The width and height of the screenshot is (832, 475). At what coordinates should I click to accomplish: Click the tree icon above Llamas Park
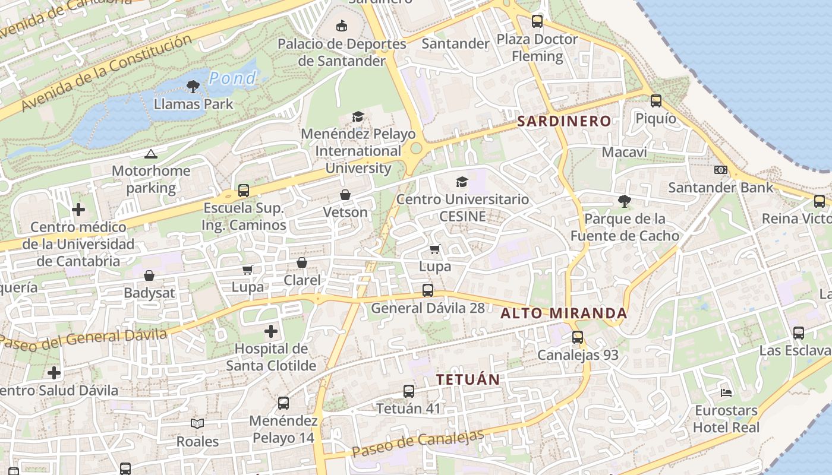point(193,87)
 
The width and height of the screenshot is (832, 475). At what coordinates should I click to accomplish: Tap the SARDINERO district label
point(564,121)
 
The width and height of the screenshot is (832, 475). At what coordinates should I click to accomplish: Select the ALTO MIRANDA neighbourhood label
point(564,313)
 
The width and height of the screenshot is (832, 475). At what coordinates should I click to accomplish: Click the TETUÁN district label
point(468,379)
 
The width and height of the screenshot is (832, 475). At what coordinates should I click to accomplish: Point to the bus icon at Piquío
point(656,101)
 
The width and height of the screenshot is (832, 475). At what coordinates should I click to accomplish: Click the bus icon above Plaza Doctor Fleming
point(537,22)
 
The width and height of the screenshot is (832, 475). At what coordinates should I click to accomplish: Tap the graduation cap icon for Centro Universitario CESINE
point(462,182)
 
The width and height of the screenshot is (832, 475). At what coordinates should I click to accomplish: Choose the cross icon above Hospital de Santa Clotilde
point(271,331)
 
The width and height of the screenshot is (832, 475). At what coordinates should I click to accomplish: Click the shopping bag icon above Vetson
point(345,195)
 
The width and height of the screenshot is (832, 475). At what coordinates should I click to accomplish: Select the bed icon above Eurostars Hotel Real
point(726,392)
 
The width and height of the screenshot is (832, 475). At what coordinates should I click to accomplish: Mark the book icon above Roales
point(197,423)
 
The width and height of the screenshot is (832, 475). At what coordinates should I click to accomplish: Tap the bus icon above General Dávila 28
point(428,290)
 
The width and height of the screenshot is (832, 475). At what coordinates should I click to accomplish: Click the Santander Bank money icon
point(721,170)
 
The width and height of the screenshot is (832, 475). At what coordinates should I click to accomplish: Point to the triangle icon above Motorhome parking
point(151,154)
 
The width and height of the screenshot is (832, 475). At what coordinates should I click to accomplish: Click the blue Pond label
point(233,78)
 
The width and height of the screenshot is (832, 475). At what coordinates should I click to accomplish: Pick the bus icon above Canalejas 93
point(578,337)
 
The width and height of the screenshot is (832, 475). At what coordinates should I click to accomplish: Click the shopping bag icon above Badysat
point(149,275)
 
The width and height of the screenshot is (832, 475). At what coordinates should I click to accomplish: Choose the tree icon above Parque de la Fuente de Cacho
point(624,201)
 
